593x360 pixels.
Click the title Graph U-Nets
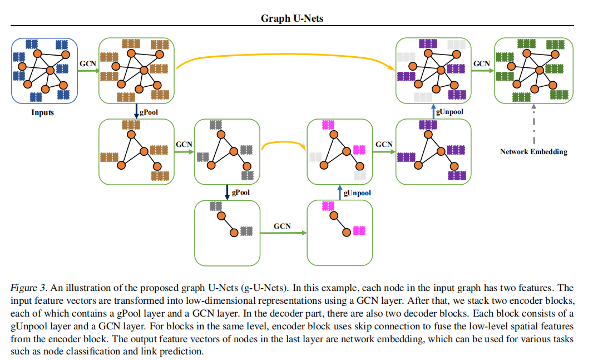tap(292, 18)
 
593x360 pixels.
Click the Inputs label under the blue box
tap(42, 113)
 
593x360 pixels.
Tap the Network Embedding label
tap(533, 152)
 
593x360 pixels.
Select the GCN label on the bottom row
tap(282, 226)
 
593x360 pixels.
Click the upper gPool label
tap(148, 112)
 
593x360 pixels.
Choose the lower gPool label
tap(240, 192)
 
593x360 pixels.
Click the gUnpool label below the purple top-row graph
tap(449, 111)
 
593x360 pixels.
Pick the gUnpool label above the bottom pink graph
tap(357, 193)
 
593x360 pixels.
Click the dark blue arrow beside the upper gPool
tap(136, 111)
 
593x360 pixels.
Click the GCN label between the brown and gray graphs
tap(184, 144)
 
